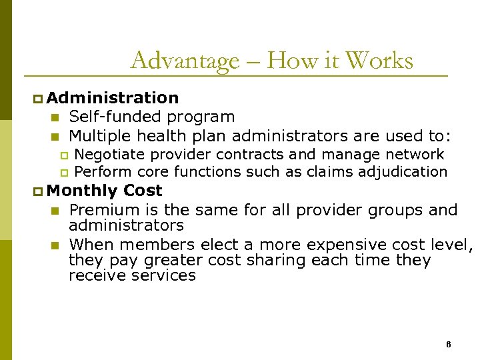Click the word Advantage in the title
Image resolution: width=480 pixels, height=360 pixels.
point(184,61)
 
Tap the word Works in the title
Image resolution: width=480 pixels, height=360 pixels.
point(381,61)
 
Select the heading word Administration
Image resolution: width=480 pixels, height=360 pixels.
point(113,98)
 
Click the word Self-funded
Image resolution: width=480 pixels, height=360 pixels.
point(116,117)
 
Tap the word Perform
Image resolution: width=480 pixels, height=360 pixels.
point(103,171)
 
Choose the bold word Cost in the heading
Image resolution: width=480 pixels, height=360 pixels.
point(143,191)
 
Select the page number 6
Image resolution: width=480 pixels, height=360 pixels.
point(448,344)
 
